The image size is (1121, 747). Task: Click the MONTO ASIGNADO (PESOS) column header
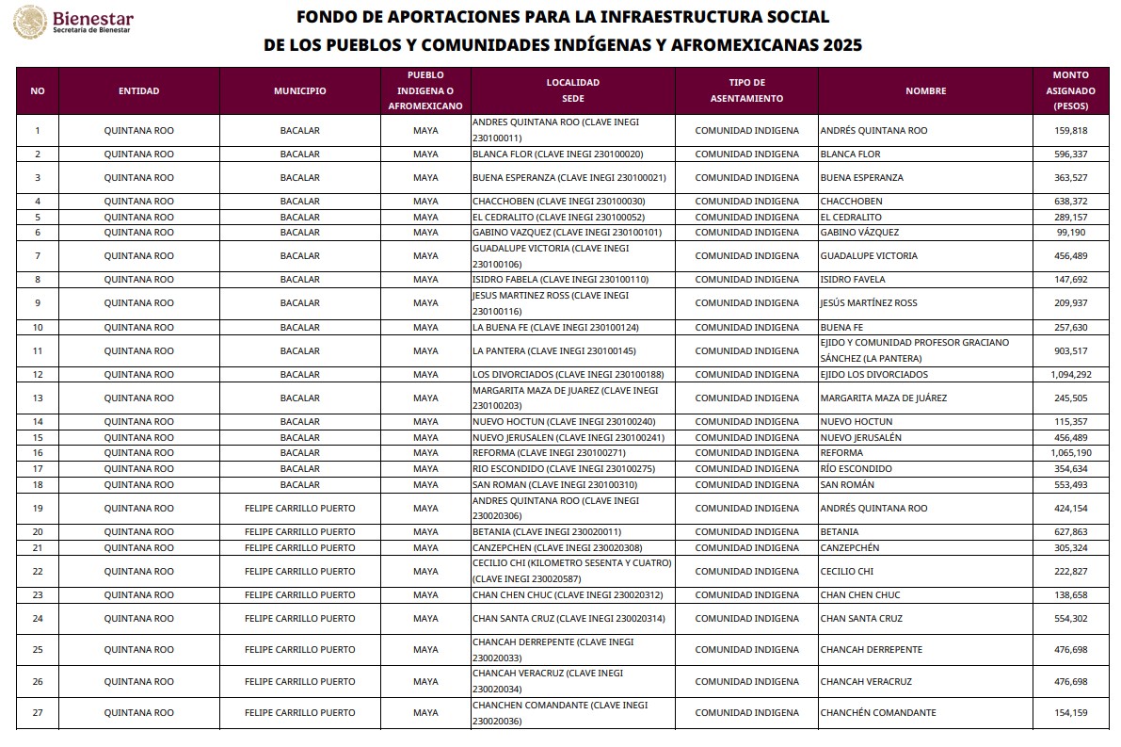tap(1070, 90)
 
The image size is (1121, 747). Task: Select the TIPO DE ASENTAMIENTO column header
tap(746, 90)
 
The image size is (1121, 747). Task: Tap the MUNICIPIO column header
tap(299, 91)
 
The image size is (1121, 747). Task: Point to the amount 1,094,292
tap(1069, 375)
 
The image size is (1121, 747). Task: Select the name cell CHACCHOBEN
tap(852, 202)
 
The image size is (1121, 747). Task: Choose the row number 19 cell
tap(38, 509)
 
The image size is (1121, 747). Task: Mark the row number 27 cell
tap(38, 713)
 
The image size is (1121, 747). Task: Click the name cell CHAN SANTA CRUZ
tap(861, 619)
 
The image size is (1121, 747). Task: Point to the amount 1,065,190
tap(1069, 453)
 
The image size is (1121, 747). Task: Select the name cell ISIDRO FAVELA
tap(853, 280)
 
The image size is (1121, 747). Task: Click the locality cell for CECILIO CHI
tap(571, 572)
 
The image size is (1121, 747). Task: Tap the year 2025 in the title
tap(841, 45)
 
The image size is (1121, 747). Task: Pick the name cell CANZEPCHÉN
tap(850, 548)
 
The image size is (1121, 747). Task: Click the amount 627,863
tap(1071, 532)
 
